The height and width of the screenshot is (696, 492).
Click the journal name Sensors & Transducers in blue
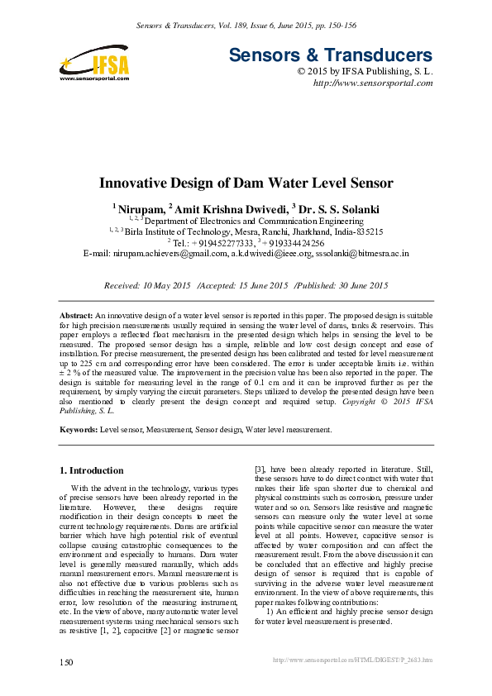point(331,56)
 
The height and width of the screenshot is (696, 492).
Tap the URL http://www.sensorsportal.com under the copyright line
point(373,83)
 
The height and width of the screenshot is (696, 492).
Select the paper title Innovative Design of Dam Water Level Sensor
point(246,184)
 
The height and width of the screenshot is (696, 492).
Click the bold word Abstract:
point(77,317)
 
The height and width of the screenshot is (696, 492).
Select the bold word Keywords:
point(79,430)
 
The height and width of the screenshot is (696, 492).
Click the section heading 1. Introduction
point(91,470)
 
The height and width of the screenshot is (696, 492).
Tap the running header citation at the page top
point(246,26)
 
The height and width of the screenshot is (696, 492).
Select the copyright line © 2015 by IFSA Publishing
point(365,72)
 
